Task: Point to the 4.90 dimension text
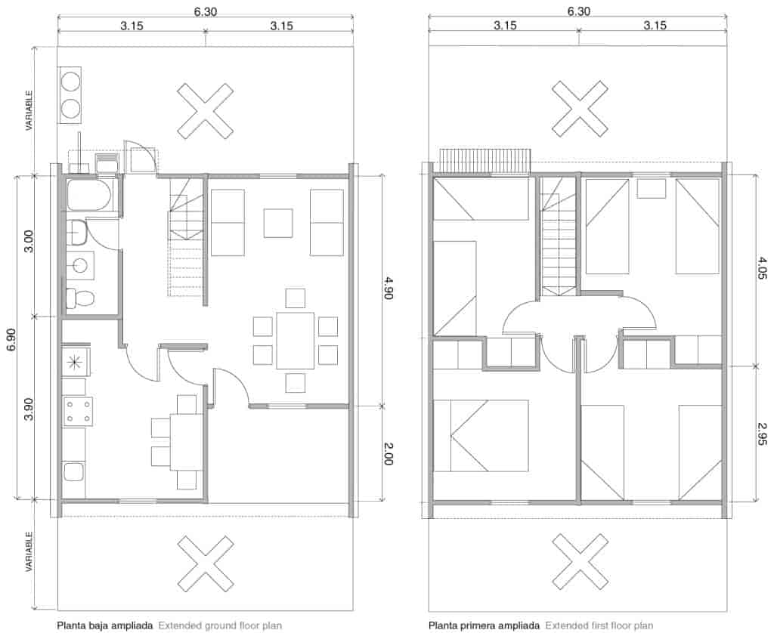(388, 289)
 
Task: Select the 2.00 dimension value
(388, 453)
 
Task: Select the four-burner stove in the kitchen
(78, 412)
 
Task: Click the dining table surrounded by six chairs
(296, 341)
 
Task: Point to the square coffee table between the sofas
(278, 223)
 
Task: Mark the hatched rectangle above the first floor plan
(485, 161)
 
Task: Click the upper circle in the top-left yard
(70, 82)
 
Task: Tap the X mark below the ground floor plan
(205, 564)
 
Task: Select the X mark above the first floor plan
(580, 109)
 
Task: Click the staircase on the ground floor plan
(186, 237)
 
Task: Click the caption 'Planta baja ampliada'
(104, 625)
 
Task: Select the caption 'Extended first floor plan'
(599, 625)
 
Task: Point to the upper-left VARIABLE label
(29, 110)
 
